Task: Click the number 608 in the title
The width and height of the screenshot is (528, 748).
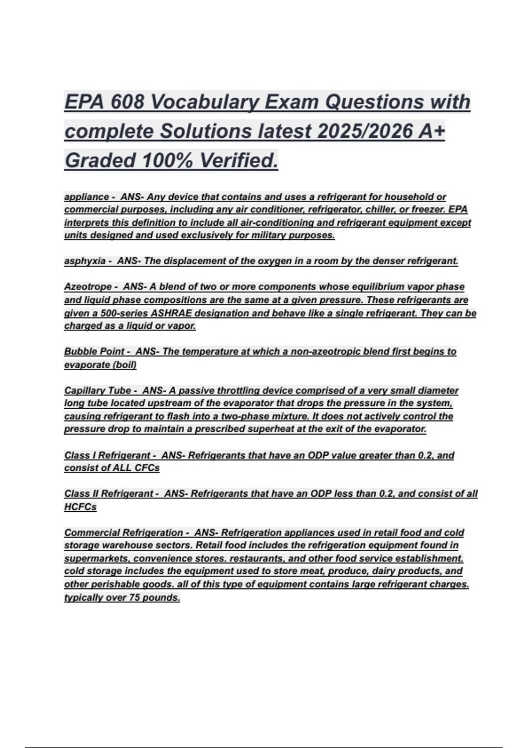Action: (x=128, y=102)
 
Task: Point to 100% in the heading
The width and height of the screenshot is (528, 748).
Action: (x=167, y=160)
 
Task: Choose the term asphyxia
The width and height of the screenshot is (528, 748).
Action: (x=84, y=261)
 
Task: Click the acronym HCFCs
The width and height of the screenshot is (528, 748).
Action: (x=80, y=507)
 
